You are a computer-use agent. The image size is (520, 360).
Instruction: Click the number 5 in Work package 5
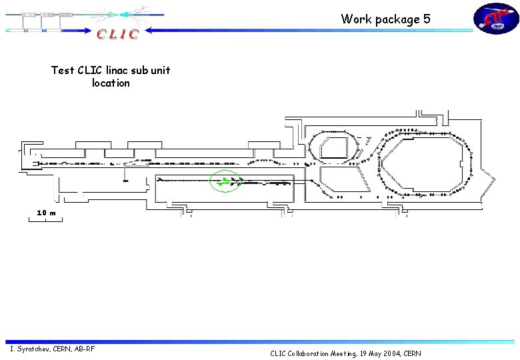(x=427, y=19)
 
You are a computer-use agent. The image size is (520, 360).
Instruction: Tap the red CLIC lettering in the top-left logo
(x=117, y=34)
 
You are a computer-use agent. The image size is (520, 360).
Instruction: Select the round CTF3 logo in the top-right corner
(x=495, y=19)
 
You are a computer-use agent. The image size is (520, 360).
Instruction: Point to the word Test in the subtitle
(x=63, y=70)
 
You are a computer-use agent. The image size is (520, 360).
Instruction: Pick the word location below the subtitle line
(x=111, y=83)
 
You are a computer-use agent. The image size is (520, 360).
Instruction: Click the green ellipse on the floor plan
(x=225, y=181)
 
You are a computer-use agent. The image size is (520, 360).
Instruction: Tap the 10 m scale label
(x=46, y=212)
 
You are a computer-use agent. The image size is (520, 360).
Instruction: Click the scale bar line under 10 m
(x=45, y=219)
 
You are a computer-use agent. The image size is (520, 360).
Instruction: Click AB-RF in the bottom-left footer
(x=84, y=349)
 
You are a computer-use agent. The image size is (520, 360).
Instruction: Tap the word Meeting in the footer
(x=345, y=353)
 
